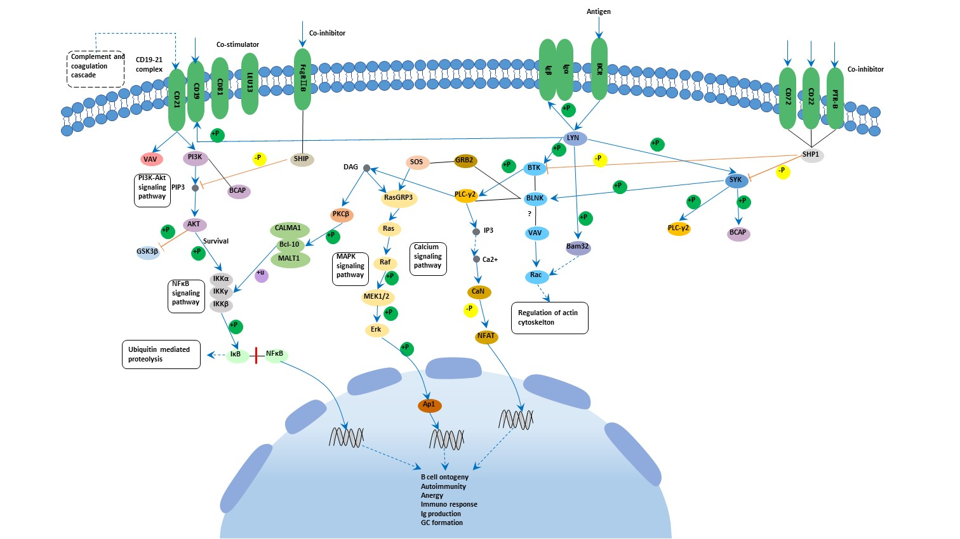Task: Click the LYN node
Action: pyautogui.click(x=574, y=138)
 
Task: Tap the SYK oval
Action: pyautogui.click(x=736, y=180)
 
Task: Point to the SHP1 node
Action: pyautogui.click(x=811, y=155)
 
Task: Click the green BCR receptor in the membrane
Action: pyautogui.click(x=599, y=68)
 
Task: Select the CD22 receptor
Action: pyautogui.click(x=811, y=98)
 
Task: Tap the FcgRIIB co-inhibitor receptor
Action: pyautogui.click(x=303, y=79)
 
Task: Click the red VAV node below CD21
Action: pyautogui.click(x=150, y=159)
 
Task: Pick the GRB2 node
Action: pyautogui.click(x=465, y=160)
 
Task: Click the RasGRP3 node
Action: pyautogui.click(x=398, y=198)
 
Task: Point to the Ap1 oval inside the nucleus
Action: pyautogui.click(x=429, y=405)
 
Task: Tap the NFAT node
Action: pyautogui.click(x=486, y=337)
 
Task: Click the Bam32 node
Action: pyautogui.click(x=578, y=247)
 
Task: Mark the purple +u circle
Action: pyautogui.click(x=261, y=275)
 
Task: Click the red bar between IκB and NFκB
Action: pyautogui.click(x=256, y=355)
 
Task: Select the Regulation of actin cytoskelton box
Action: pyautogui.click(x=549, y=318)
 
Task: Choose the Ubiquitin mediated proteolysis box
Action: pyautogui.click(x=161, y=354)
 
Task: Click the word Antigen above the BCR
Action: pyautogui.click(x=599, y=11)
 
